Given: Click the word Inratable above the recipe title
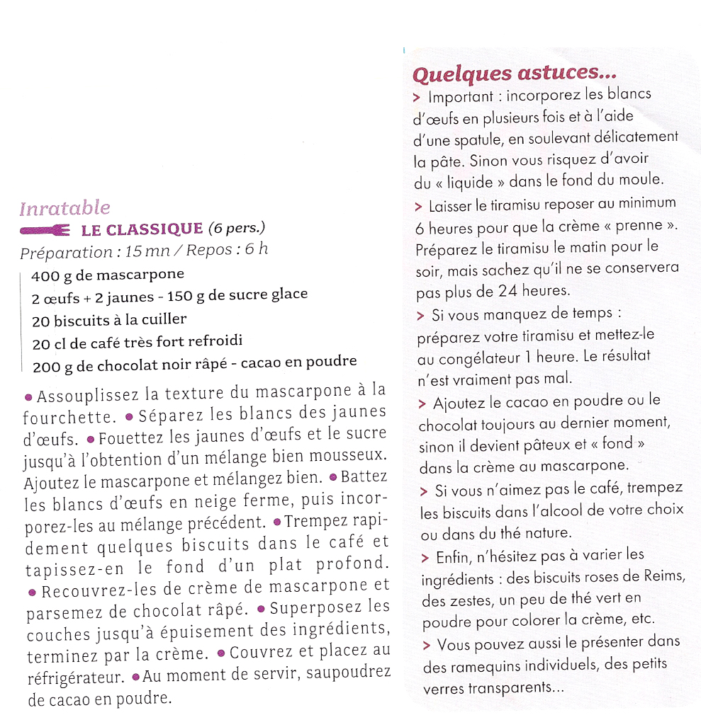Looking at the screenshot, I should click(x=65, y=208).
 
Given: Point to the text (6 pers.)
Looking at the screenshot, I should click(x=237, y=229).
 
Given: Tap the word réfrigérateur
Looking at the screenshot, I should click(x=76, y=676).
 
